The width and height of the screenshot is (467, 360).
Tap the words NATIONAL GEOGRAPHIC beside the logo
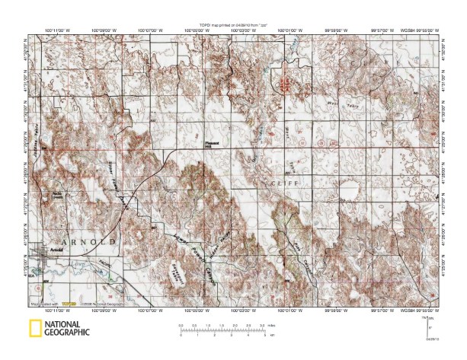68,329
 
